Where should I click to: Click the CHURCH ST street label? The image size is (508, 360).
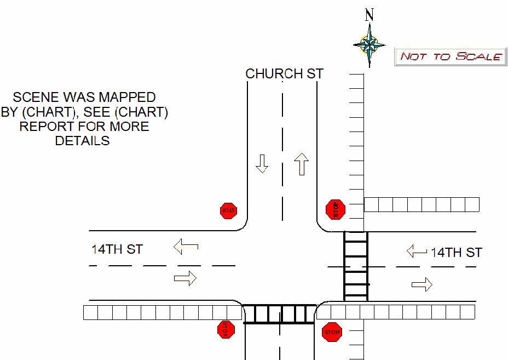pos(284,73)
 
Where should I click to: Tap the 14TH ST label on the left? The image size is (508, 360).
pos(117,249)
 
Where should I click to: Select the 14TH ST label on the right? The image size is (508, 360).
pos(456,252)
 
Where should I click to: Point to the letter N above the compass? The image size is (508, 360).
pos(370,15)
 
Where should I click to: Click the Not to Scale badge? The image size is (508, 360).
pos(450,56)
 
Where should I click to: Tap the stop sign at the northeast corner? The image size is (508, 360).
pos(335,209)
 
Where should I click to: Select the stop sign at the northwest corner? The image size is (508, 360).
pos(228,210)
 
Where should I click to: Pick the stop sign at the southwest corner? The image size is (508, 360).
pos(226,329)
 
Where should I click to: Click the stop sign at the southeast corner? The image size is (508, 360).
pos(332,332)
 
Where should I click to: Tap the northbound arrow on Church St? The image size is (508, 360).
pos(301,164)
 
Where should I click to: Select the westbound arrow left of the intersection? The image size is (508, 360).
pos(186,247)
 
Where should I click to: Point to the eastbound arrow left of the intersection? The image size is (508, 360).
pos(185,278)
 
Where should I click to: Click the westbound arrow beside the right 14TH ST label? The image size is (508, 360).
pos(417,252)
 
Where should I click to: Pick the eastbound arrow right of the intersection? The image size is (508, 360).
pos(422,284)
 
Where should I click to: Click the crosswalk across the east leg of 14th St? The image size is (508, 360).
pos(355,266)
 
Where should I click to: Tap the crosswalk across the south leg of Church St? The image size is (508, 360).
pos(279,314)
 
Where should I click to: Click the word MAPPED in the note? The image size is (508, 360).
pos(128,98)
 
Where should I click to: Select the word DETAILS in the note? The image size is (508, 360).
pos(82,141)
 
